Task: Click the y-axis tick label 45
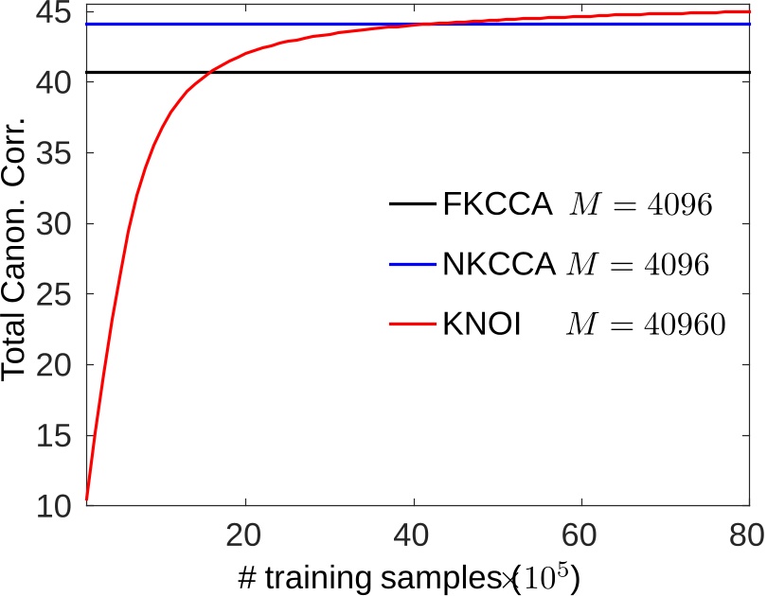(58, 13)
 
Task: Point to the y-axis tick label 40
(58, 83)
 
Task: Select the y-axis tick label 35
(58, 153)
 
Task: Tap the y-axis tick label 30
(58, 224)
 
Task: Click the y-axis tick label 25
(58, 294)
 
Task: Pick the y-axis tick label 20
(58, 365)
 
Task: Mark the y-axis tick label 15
(58, 435)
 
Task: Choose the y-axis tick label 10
(58, 506)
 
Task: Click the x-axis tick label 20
(246, 535)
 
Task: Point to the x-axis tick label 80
(744, 535)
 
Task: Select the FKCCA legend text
(497, 204)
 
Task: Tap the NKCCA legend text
(499, 265)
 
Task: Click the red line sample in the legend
(412, 324)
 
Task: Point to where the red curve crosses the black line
(208, 72)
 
